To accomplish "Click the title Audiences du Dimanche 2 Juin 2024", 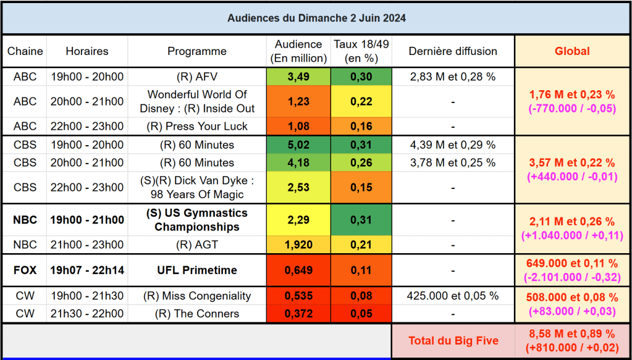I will (x=316, y=18).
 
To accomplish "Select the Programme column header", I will (x=197, y=51).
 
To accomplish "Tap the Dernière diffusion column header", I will (x=453, y=51).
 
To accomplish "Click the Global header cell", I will (x=572, y=51).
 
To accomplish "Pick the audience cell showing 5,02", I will (x=298, y=145).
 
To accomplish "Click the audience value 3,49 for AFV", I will (x=298, y=77).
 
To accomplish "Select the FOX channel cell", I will (x=25, y=270).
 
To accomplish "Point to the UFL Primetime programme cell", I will (x=197, y=270).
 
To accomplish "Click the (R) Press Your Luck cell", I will (x=197, y=126).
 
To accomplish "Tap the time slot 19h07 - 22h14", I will (x=86, y=270).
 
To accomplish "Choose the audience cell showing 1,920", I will (x=298, y=245).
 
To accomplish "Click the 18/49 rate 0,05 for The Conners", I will (x=361, y=314).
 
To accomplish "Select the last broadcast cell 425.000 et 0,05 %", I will (x=453, y=296).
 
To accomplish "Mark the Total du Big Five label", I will (x=453, y=341).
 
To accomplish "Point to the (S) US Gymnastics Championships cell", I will (x=197, y=220).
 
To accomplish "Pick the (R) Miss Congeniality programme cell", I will (x=197, y=296).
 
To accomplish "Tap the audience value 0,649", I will (x=298, y=270).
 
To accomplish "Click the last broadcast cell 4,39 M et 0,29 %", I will (x=453, y=145).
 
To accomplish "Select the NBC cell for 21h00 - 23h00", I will (x=25, y=245).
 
